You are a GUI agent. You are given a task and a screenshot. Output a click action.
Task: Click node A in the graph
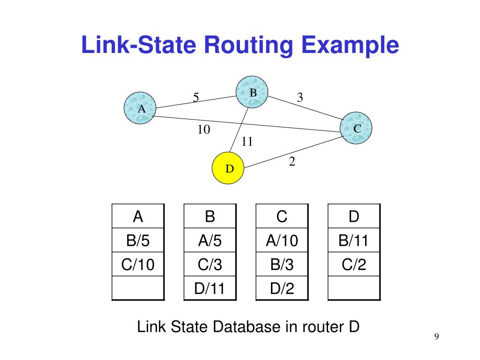140,108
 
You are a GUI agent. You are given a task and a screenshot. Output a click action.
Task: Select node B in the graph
252,93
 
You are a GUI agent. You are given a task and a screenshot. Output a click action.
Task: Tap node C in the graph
356,127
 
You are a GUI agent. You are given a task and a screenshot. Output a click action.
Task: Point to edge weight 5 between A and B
196,97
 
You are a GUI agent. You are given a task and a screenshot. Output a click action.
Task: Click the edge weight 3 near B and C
300,97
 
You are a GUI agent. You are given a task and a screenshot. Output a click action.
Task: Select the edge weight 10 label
203,130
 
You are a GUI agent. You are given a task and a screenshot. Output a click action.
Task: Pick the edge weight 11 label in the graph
247,142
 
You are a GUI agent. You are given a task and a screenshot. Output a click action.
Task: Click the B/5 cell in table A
138,241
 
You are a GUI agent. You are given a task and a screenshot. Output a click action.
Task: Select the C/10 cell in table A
138,265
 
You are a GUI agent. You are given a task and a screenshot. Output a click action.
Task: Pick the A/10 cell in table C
282,241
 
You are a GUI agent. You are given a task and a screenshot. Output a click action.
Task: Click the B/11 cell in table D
354,241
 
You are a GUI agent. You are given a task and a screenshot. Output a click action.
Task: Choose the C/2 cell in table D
354,265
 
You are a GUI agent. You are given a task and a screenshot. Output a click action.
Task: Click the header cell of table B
210,217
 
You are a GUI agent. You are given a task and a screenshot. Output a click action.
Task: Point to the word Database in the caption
246,327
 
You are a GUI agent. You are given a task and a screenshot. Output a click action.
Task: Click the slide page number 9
436,337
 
